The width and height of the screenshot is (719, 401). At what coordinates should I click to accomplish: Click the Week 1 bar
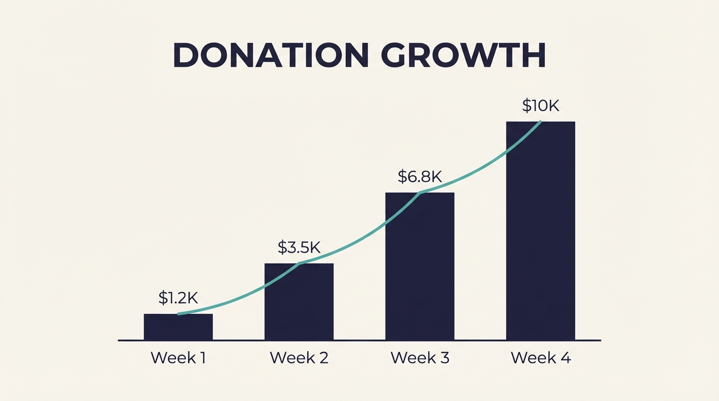click(x=178, y=327)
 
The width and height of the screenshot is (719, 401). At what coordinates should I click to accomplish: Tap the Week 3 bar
click(x=420, y=267)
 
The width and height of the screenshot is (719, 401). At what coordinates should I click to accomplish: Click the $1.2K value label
click(x=178, y=298)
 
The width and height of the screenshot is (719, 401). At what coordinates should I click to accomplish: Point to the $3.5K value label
click(x=299, y=247)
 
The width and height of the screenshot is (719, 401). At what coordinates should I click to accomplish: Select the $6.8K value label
click(x=420, y=176)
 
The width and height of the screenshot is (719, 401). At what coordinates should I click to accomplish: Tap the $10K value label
click(x=540, y=106)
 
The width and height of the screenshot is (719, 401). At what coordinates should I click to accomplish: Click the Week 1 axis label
click(x=178, y=358)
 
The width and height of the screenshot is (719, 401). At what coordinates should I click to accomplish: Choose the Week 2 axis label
click(x=299, y=358)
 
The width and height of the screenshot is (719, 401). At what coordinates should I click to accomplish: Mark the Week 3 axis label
click(x=420, y=358)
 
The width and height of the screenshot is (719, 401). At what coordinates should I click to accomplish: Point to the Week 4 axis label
click(x=540, y=358)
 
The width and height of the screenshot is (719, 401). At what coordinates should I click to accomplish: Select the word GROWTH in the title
click(x=463, y=55)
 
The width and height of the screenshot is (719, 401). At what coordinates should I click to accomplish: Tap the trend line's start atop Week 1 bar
click(x=179, y=314)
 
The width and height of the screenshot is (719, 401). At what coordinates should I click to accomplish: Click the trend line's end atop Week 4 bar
click(x=540, y=122)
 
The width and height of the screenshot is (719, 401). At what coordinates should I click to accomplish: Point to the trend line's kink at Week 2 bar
click(x=299, y=263)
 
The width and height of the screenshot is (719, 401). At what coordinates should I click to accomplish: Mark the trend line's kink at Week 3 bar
click(x=420, y=193)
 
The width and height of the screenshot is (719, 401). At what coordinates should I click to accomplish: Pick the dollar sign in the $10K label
click(x=527, y=106)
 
